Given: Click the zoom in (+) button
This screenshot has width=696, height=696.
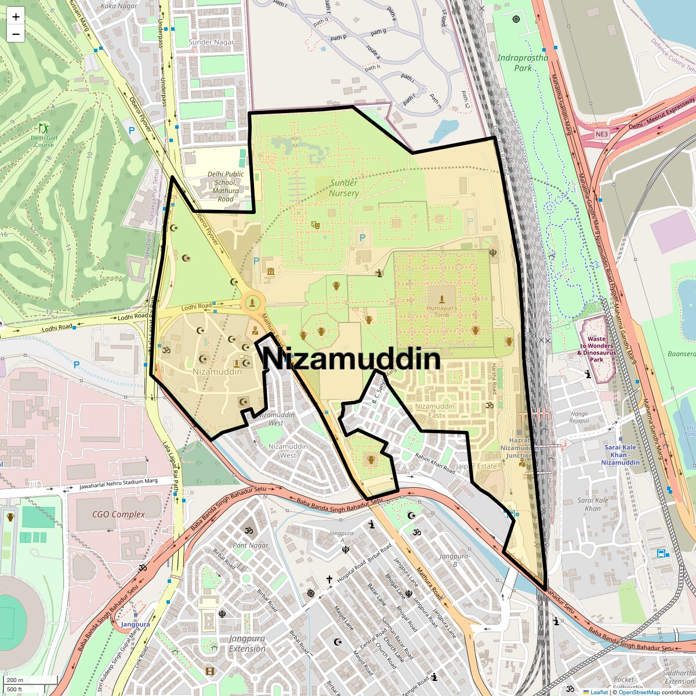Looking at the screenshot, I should [16, 17].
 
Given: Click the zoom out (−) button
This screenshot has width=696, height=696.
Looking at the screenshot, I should [16, 34].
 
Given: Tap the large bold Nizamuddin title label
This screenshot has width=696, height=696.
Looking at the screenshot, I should [351, 359].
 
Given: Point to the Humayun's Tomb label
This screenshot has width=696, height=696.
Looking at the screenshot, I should [442, 311].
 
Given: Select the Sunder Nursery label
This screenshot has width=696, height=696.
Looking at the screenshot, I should [344, 188].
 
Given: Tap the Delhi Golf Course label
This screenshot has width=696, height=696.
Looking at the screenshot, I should [44, 141].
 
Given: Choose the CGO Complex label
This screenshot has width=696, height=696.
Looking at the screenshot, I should [118, 514].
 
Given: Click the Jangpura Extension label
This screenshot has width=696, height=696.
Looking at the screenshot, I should [247, 643].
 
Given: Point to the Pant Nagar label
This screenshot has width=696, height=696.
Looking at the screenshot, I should [251, 545].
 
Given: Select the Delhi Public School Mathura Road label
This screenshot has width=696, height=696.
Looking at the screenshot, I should [226, 186].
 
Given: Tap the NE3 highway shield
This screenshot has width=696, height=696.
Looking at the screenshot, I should [601, 135].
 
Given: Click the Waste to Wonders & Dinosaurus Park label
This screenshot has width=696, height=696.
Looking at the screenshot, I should [596, 349].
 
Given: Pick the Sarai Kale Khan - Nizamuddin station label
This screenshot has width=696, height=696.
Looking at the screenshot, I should [620, 455].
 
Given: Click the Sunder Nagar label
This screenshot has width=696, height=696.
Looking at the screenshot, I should [211, 42].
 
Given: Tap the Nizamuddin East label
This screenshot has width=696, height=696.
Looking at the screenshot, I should [435, 411].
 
